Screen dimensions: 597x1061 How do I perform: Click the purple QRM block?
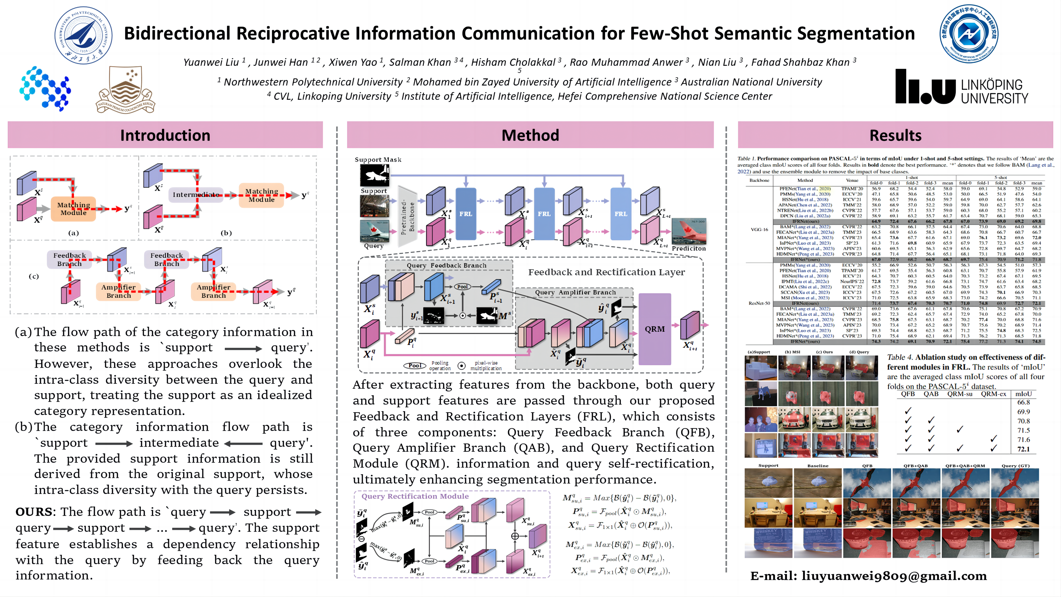pos(654,329)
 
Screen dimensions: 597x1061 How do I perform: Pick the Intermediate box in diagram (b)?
pos(196,194)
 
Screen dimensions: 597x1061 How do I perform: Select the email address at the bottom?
pos(868,576)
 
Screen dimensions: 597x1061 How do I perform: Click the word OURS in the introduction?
pos(34,512)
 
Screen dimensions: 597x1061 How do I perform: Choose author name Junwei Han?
pos(281,62)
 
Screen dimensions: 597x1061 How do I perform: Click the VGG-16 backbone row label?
pos(759,229)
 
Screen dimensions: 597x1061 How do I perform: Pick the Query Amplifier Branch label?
pos(575,292)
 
